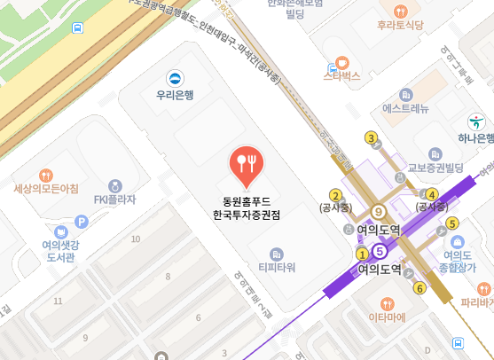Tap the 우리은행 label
click(174, 93)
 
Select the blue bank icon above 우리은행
click(174, 76)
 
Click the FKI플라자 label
click(115, 200)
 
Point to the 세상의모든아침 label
click(46, 189)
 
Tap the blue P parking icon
click(82, 222)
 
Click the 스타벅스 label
click(341, 77)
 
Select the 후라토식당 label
click(399, 25)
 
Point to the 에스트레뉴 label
click(405, 109)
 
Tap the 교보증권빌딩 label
click(435, 167)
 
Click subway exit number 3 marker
click(372, 137)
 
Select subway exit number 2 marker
click(335, 195)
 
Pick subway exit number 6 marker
click(420, 286)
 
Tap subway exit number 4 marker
click(432, 194)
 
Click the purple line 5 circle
click(380, 251)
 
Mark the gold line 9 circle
click(379, 211)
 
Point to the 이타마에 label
click(387, 317)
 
